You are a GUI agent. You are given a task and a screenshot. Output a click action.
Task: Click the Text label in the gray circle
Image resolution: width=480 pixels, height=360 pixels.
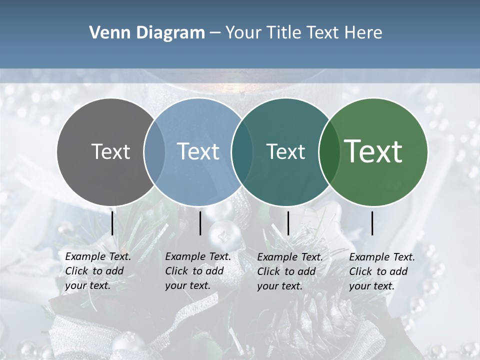[x=110, y=151]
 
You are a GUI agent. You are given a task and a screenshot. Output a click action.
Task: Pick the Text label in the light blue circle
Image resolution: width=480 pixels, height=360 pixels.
[x=198, y=151]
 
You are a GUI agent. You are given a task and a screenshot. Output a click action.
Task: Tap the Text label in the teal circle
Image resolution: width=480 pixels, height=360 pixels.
[x=285, y=151]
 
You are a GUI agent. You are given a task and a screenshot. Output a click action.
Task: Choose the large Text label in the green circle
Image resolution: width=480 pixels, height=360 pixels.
[x=373, y=151]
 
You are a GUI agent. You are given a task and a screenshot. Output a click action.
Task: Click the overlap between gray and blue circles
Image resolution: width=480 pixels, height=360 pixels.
[x=154, y=151]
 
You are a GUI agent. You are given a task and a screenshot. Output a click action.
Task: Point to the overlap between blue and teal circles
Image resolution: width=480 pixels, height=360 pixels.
[x=242, y=151]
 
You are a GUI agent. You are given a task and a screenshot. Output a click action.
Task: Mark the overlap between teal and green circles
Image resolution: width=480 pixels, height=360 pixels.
[x=329, y=151]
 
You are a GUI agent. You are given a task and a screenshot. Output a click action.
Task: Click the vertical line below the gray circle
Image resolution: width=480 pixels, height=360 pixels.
[x=112, y=223]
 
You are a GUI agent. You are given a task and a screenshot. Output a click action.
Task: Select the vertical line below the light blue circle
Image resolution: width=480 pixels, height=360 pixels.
[x=200, y=223]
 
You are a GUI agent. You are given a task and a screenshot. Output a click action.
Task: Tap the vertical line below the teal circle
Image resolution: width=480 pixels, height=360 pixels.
[x=288, y=223]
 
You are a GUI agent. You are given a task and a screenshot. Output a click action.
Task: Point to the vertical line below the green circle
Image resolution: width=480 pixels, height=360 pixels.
[x=372, y=223]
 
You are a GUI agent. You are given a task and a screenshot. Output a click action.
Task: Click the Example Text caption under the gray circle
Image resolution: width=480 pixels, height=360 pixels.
[x=97, y=271]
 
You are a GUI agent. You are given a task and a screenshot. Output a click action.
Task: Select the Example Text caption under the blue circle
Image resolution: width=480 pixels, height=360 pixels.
[x=197, y=271]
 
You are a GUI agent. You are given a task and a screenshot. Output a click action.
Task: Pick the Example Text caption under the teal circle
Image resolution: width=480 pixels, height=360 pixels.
[x=289, y=271]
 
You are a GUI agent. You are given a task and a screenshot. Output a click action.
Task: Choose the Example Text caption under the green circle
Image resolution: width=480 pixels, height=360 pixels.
[x=381, y=271]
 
